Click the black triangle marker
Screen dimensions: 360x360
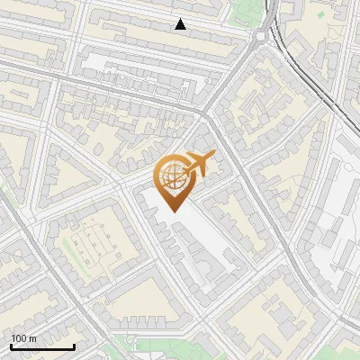coord(181,24)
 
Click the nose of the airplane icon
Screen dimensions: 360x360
coord(214,156)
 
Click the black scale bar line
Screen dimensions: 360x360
coord(42,346)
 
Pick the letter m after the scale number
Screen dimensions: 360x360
coord(32,339)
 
